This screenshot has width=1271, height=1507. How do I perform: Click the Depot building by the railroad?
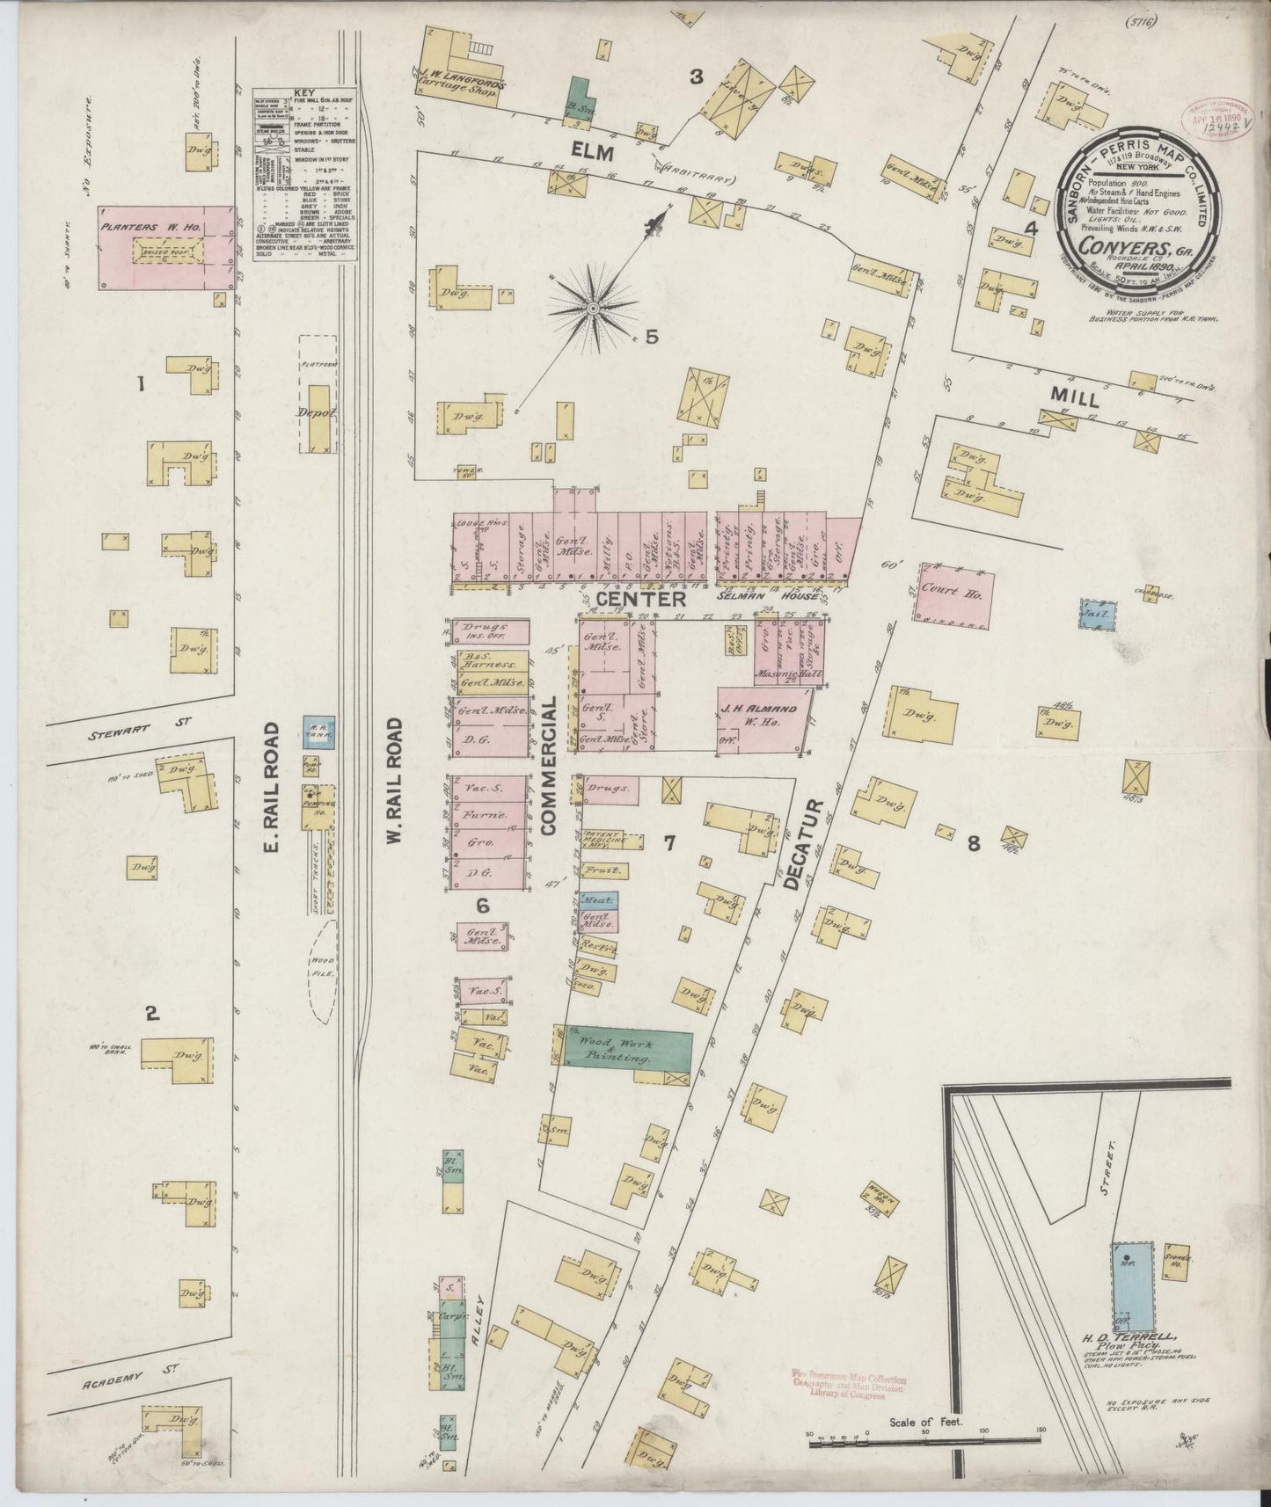(x=317, y=415)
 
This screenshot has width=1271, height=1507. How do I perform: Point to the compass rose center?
(x=593, y=309)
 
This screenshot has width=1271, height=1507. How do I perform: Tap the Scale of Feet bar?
(x=924, y=1440)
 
